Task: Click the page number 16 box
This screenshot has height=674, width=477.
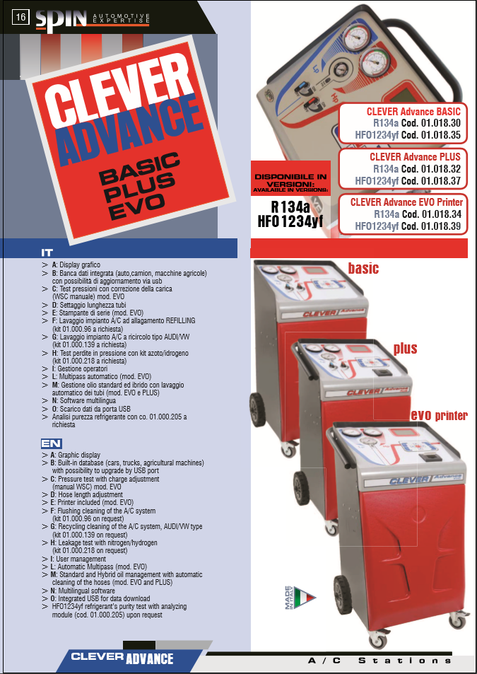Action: click(21, 17)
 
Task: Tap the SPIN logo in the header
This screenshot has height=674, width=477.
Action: click(61, 21)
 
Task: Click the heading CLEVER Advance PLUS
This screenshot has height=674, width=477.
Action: click(415, 157)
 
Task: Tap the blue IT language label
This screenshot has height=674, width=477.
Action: click(47, 253)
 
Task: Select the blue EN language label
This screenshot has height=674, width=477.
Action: click(51, 443)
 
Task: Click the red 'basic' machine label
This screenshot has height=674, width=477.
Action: click(363, 269)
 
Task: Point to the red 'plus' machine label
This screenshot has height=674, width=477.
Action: click(406, 348)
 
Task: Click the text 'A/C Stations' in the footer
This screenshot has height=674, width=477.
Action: click(379, 661)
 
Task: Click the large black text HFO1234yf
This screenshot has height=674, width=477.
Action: click(290, 222)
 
